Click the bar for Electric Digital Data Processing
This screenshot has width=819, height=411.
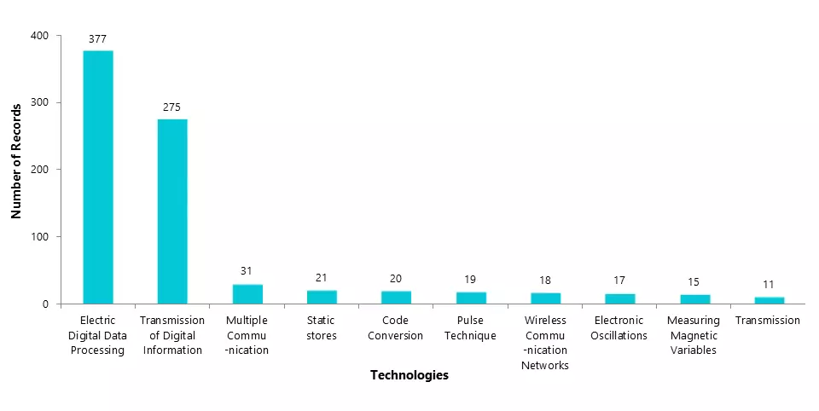[x=97, y=177]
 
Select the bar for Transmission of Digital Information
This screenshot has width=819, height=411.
[x=172, y=211]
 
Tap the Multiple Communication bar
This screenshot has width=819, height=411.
[x=247, y=293]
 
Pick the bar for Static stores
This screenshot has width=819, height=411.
[x=322, y=297]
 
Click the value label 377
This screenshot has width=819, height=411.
[x=97, y=38]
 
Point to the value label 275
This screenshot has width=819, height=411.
[x=172, y=107]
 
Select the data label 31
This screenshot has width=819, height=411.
[x=247, y=271]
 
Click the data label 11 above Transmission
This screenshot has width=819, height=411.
[x=769, y=285]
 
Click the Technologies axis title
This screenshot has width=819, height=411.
[x=409, y=375]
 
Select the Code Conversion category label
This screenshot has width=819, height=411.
[x=396, y=328]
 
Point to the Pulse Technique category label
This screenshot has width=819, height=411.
[x=470, y=328]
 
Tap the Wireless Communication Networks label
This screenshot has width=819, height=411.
[x=545, y=343]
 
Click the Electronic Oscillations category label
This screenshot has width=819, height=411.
[x=619, y=328]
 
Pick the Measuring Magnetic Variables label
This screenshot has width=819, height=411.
[x=694, y=335]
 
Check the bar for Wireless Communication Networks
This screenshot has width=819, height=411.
[x=545, y=298]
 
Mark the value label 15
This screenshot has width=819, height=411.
[x=694, y=282]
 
